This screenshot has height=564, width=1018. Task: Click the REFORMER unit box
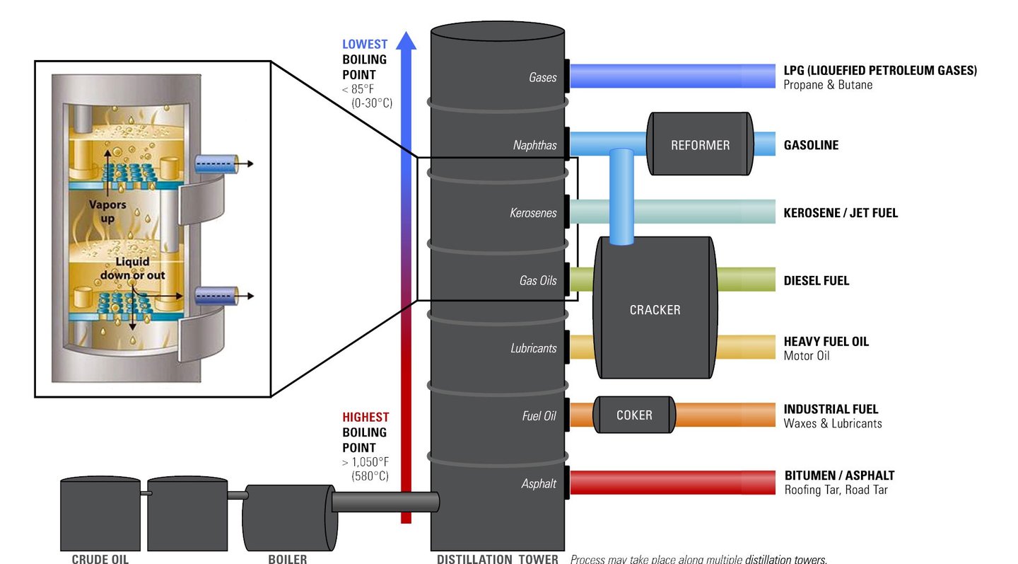click(700, 144)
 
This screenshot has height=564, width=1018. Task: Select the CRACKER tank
click(655, 309)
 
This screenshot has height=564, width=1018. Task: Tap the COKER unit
click(634, 415)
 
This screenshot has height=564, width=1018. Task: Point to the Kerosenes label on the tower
click(533, 213)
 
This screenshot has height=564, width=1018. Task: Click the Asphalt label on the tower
click(538, 484)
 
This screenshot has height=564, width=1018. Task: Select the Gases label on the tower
click(542, 77)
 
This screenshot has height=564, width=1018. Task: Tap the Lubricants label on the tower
click(533, 348)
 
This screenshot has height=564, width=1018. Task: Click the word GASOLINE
click(811, 145)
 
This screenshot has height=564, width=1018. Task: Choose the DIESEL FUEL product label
click(817, 281)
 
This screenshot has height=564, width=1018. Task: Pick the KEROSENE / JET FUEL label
click(841, 213)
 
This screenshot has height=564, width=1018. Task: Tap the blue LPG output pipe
click(672, 76)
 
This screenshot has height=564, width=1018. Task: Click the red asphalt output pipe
click(672, 483)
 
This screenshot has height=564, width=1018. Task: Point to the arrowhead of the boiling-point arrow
click(406, 40)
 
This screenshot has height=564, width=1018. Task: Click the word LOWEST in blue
click(365, 45)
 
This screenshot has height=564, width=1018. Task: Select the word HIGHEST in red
click(365, 418)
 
